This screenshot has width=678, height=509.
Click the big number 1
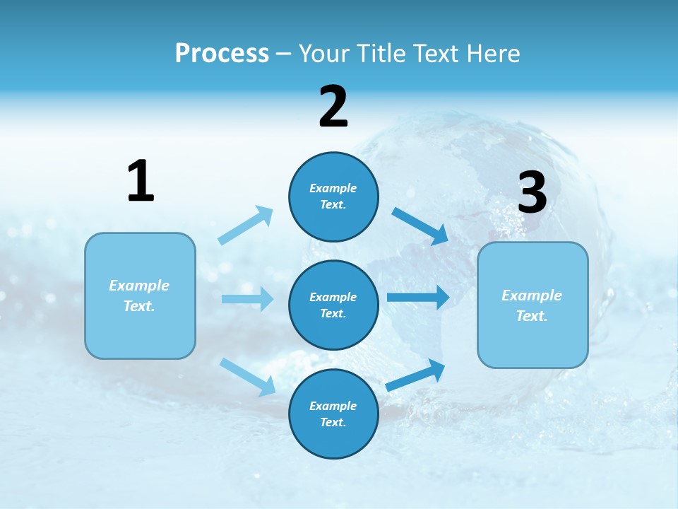(141, 181)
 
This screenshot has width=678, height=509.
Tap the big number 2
(333, 107)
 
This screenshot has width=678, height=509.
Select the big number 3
(533, 193)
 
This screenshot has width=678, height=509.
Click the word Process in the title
(222, 53)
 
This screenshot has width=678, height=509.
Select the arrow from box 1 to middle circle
(247, 299)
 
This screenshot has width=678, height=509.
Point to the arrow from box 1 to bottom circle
(247, 377)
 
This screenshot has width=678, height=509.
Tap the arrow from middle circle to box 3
(417, 297)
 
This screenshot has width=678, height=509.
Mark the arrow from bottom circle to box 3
(416, 375)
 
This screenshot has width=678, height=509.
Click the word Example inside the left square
(139, 286)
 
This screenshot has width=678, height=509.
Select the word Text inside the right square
(531, 316)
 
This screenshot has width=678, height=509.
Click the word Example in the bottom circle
(333, 406)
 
